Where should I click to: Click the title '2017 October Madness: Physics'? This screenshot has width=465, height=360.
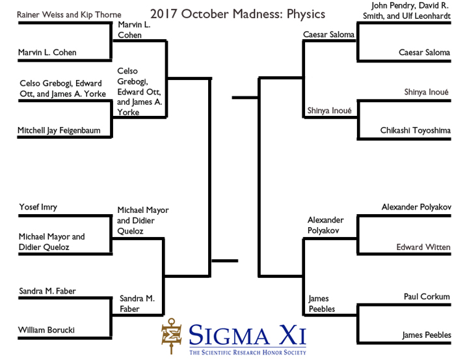(x=237, y=14)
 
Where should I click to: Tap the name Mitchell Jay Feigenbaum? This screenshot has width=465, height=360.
(x=59, y=130)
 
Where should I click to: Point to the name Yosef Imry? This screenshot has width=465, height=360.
(x=38, y=207)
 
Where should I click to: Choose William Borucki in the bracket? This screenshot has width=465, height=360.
(x=46, y=330)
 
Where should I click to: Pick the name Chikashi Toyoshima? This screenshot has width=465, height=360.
(x=415, y=131)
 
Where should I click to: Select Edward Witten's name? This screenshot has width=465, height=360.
(x=423, y=247)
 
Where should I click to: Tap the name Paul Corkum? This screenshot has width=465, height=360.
(x=426, y=297)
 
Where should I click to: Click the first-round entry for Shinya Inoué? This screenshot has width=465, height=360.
(x=426, y=92)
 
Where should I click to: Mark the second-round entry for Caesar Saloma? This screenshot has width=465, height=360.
(x=328, y=35)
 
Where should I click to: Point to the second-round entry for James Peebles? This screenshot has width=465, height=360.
(x=321, y=303)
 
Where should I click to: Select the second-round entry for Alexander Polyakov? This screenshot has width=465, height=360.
(x=325, y=225)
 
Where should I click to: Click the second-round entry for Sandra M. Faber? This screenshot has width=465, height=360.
(x=137, y=303)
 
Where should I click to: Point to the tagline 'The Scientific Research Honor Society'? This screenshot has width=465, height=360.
(x=247, y=352)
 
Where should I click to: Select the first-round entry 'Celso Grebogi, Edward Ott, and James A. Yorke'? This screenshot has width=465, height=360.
(x=62, y=88)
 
